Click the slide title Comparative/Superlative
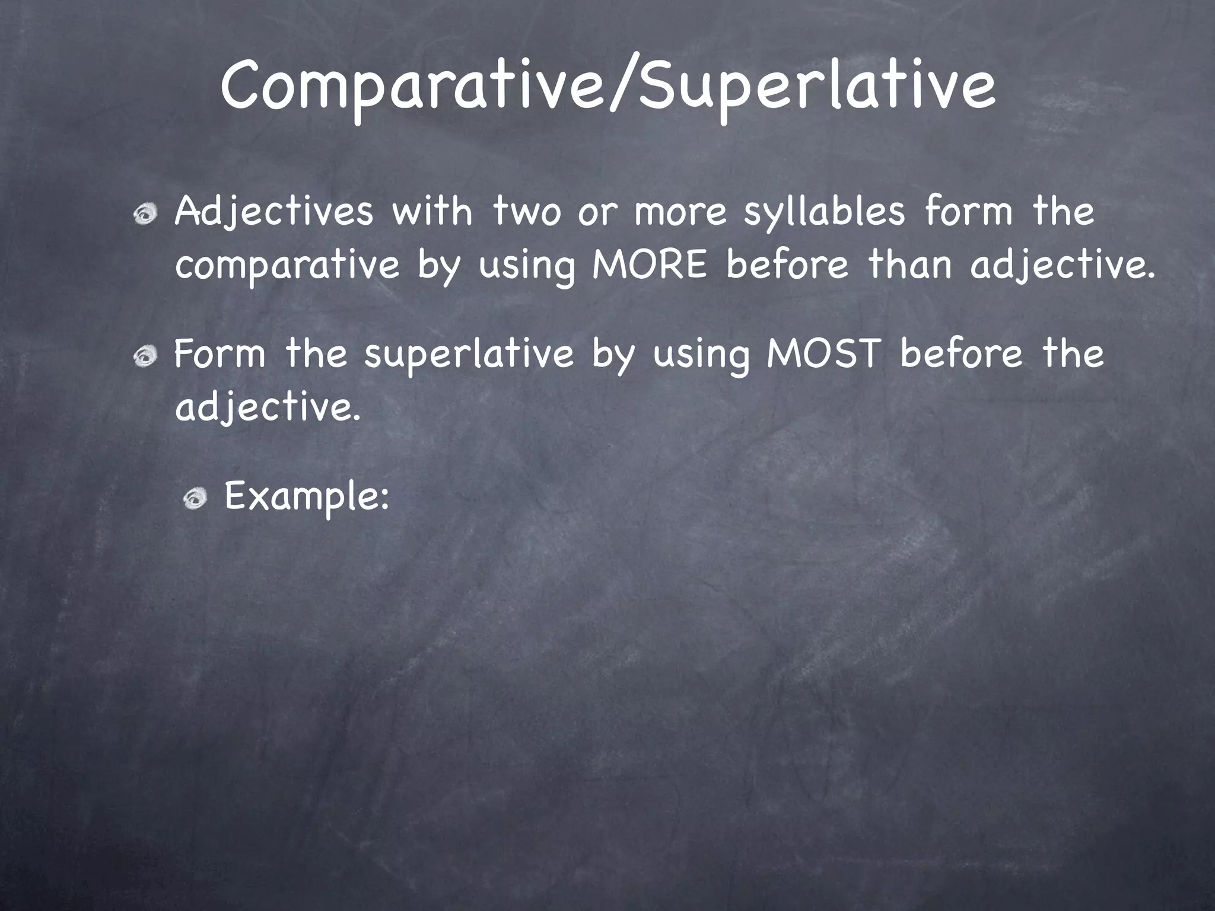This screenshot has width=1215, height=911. coord(607,87)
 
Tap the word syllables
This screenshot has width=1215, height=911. coord(825,212)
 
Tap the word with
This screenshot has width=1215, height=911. coord(432,211)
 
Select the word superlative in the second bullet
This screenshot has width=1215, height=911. coord(469,355)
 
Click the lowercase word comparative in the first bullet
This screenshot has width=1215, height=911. coord(288,266)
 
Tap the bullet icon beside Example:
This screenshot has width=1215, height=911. coord(195,499)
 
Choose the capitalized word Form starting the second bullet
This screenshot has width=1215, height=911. coord(220,353)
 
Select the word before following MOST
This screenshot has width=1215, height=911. coord(961,353)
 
